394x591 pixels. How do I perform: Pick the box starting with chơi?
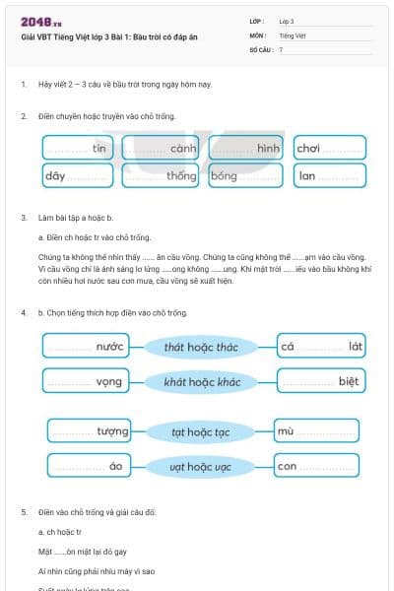(329, 149)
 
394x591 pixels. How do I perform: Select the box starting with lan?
(329, 176)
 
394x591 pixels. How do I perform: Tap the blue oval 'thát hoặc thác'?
(201, 347)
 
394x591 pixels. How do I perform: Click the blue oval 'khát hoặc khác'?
(201, 381)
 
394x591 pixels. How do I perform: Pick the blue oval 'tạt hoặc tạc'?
(201, 432)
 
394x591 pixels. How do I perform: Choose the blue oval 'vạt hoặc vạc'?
(201, 466)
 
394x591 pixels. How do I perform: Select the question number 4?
(24, 312)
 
